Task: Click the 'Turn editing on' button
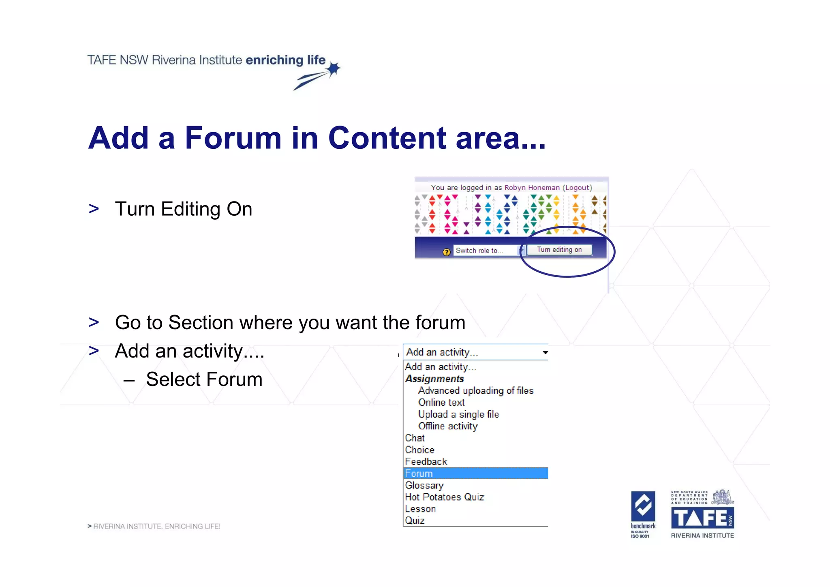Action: pyautogui.click(x=559, y=250)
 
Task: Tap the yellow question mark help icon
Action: pyautogui.click(x=446, y=252)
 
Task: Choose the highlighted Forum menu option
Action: pyautogui.click(x=475, y=473)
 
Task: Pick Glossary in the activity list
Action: pyautogui.click(x=424, y=485)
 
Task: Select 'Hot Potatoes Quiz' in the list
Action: pyautogui.click(x=444, y=497)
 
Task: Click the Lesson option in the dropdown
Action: pyautogui.click(x=420, y=509)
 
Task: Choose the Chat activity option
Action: pyautogui.click(x=415, y=438)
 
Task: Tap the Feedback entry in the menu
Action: pyautogui.click(x=426, y=462)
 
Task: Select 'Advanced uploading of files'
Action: pyautogui.click(x=476, y=390)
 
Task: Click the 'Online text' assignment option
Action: pyautogui.click(x=441, y=402)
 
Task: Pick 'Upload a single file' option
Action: pyautogui.click(x=458, y=414)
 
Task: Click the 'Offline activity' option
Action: pyautogui.click(x=448, y=426)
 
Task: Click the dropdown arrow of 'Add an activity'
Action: pyautogui.click(x=545, y=352)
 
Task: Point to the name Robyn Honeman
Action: pyautogui.click(x=532, y=188)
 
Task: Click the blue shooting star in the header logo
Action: pyautogui.click(x=333, y=69)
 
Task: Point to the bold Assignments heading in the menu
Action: pyautogui.click(x=434, y=379)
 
